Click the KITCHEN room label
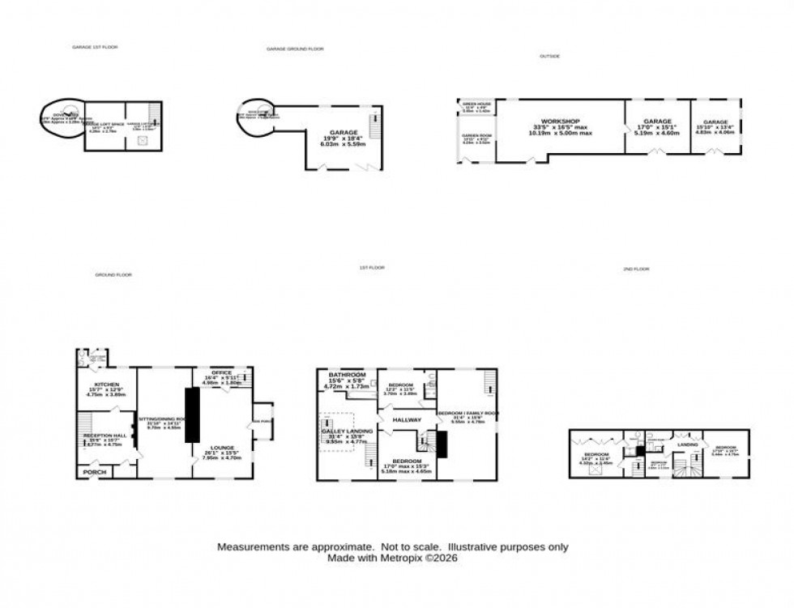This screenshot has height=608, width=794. click(106, 385)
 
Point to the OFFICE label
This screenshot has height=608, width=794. click(220, 373)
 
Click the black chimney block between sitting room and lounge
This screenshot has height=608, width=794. click(193, 415)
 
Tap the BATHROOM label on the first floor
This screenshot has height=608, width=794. click(346, 376)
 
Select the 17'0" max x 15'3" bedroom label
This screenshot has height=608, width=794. click(402, 462)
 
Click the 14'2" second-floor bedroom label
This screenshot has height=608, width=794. click(596, 456)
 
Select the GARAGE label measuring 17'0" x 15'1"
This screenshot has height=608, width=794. click(657, 121)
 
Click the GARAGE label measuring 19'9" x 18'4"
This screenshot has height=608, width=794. click(344, 132)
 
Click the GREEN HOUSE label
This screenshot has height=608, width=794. click(476, 104)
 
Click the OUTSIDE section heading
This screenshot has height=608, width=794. click(550, 56)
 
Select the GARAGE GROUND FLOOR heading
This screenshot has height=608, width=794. click(295, 49)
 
